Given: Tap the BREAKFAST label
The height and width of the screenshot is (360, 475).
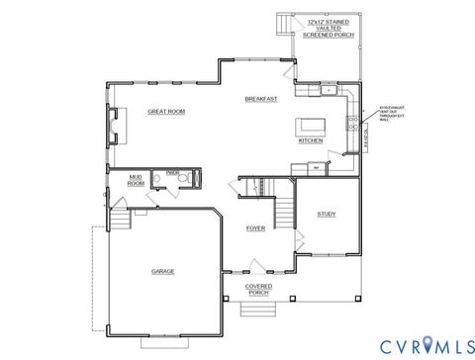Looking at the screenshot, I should (261, 99).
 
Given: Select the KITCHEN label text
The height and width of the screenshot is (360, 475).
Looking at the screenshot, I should (310, 140).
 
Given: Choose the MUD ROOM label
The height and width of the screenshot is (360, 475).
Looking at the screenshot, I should (137, 180).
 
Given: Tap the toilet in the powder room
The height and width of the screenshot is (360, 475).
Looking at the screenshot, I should (194, 179).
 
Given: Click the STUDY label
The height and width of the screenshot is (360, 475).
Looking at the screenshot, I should (326, 214).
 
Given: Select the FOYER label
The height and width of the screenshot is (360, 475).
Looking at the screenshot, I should (255, 228).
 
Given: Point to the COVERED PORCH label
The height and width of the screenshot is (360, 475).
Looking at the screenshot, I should (258, 289).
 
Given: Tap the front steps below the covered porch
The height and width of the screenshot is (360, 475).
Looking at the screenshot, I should (259, 309).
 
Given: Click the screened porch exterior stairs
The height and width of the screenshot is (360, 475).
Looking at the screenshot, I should (286, 23).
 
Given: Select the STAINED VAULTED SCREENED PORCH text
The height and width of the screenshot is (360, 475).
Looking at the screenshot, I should (331, 27).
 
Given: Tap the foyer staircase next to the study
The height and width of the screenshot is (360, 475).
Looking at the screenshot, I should (284, 209).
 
